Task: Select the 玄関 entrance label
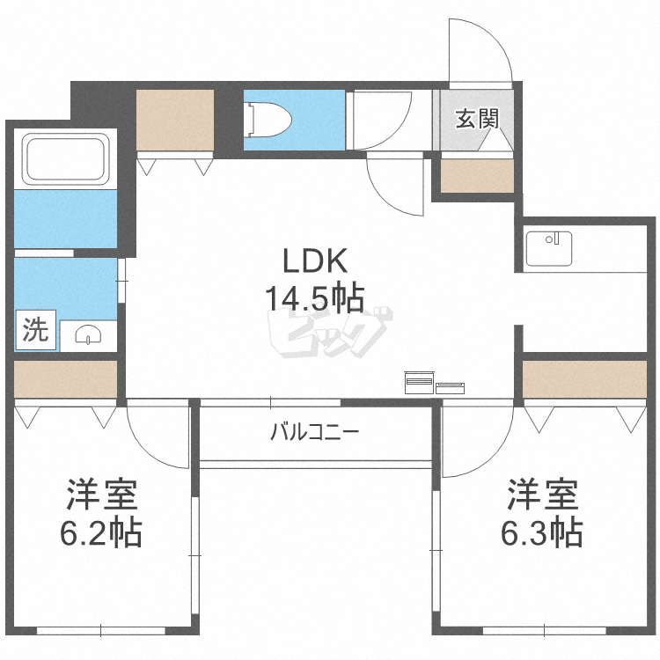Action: [476, 119]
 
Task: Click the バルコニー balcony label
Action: [314, 432]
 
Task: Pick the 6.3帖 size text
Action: [541, 532]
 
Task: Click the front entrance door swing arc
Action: [480, 51]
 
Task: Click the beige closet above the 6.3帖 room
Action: [583, 379]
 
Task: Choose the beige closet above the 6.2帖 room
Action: [65, 379]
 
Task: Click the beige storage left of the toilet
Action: [176, 121]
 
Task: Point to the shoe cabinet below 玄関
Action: [476, 177]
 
